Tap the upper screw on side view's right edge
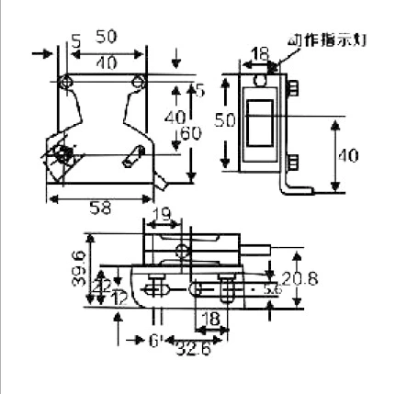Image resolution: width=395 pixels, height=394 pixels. (x=295, y=89)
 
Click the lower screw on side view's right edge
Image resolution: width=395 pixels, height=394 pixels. (x=295, y=163)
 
